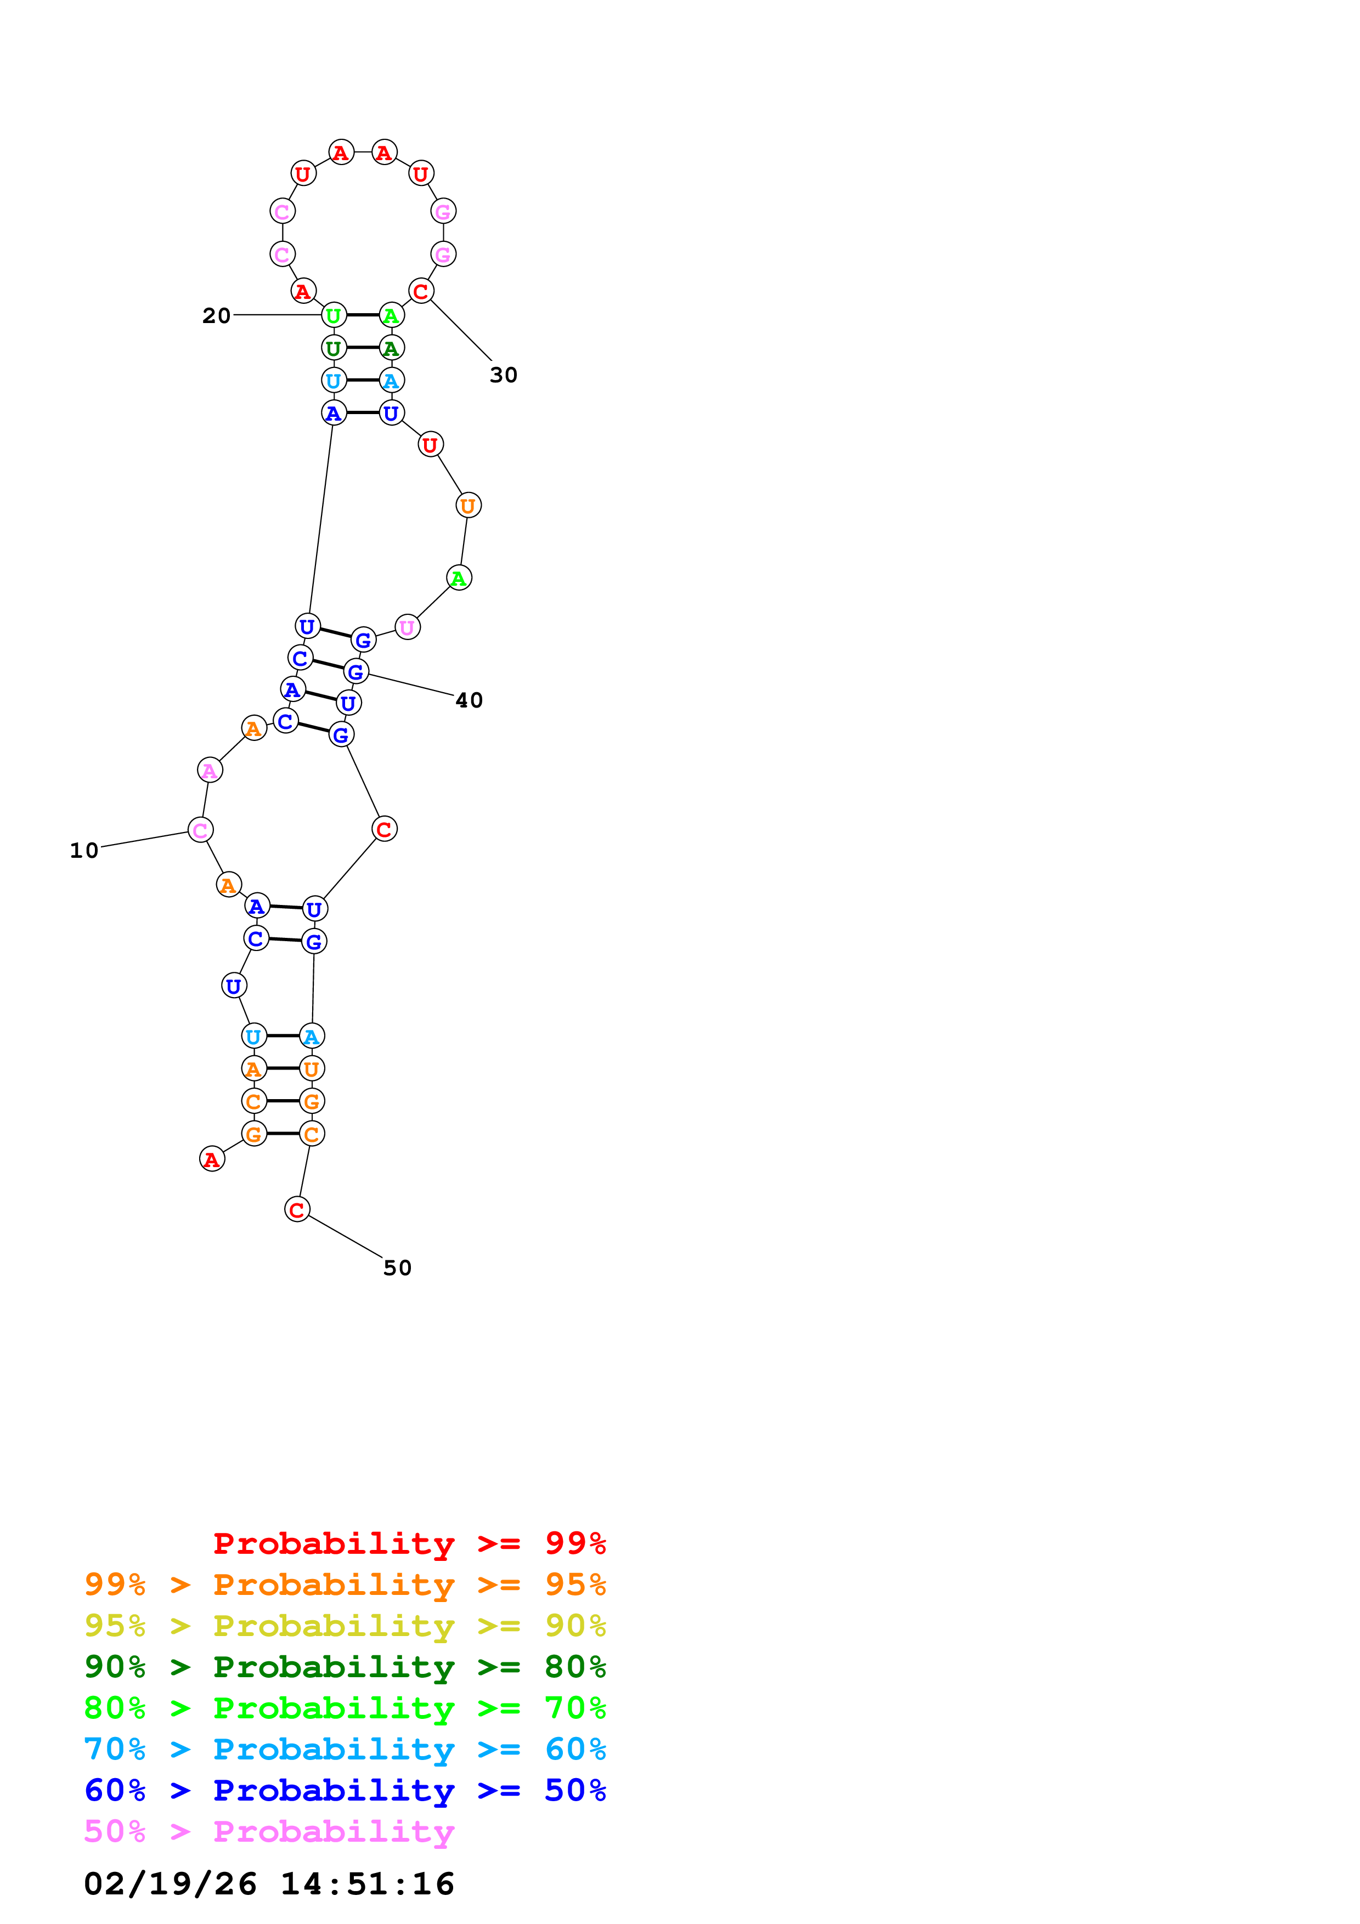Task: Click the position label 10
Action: pos(84,851)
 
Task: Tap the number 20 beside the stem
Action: pos(216,316)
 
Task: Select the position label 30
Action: pos(504,375)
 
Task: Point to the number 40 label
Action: pos(469,700)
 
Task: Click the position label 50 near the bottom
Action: pos(397,1268)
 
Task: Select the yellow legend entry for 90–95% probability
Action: pos(345,1626)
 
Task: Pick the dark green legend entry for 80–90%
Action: pos(345,1667)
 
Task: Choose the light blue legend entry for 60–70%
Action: pos(345,1749)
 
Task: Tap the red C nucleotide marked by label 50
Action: pos(297,1209)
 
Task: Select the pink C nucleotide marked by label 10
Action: pos(200,830)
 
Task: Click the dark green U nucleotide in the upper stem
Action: pos(334,348)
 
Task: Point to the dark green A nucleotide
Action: pos(391,348)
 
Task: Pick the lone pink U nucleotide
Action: pos(407,627)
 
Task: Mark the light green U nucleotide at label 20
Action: pos(334,315)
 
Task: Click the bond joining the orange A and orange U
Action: pos(283,1068)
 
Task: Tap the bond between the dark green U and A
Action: pos(362,348)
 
